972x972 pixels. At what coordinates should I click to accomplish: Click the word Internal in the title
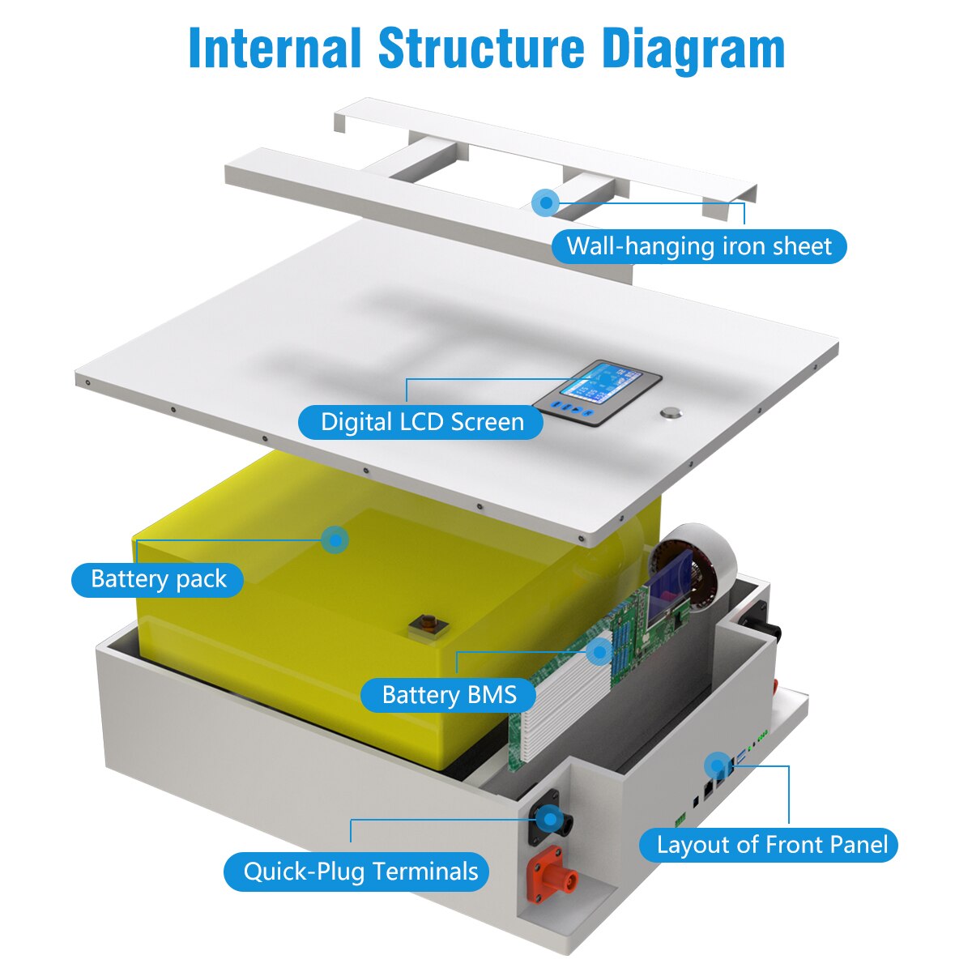point(275,49)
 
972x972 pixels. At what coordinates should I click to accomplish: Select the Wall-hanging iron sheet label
point(698,246)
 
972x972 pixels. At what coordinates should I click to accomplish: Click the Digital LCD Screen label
point(421,422)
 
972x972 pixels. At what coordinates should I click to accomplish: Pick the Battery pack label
point(158,579)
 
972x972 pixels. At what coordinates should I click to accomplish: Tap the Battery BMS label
point(449,695)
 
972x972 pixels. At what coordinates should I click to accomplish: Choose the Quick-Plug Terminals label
point(360,872)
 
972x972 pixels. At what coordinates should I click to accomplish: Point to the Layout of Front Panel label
point(771,845)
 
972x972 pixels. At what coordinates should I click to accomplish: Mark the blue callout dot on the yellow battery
point(334,539)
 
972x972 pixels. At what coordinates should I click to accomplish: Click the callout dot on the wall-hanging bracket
point(547,202)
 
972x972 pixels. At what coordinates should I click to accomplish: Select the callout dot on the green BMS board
point(600,650)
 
